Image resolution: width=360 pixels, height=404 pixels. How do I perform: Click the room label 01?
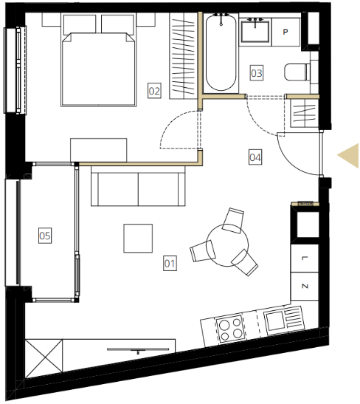[x=170, y=263]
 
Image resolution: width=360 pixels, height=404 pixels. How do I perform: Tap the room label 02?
[x=154, y=91]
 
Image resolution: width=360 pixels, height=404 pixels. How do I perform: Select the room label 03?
[x=257, y=73]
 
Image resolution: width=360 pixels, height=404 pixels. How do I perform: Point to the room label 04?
[x=255, y=157]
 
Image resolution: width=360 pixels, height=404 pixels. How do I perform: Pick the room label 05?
[x=45, y=236]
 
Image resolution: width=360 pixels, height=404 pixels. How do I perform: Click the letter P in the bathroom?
[x=285, y=32]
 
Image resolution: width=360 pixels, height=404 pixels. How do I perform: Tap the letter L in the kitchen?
[x=305, y=259]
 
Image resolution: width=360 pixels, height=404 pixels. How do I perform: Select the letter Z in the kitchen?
[x=305, y=286]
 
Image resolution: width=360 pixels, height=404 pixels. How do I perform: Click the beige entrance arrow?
[x=348, y=156]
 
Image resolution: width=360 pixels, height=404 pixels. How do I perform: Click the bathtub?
[x=221, y=53]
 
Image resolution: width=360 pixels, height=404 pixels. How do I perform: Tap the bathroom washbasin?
[x=255, y=32]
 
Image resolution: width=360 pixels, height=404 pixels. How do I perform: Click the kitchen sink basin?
[x=275, y=321]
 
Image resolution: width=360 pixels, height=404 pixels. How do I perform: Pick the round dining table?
[x=227, y=245]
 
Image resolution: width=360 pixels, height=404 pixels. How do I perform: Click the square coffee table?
[x=138, y=239]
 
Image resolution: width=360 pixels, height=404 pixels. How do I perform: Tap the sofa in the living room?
[x=138, y=186]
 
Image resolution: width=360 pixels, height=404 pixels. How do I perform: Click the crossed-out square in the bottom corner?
[x=44, y=359]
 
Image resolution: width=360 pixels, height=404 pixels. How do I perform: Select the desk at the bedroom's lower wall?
[x=99, y=150]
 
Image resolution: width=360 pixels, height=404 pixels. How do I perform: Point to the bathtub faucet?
[x=221, y=19]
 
